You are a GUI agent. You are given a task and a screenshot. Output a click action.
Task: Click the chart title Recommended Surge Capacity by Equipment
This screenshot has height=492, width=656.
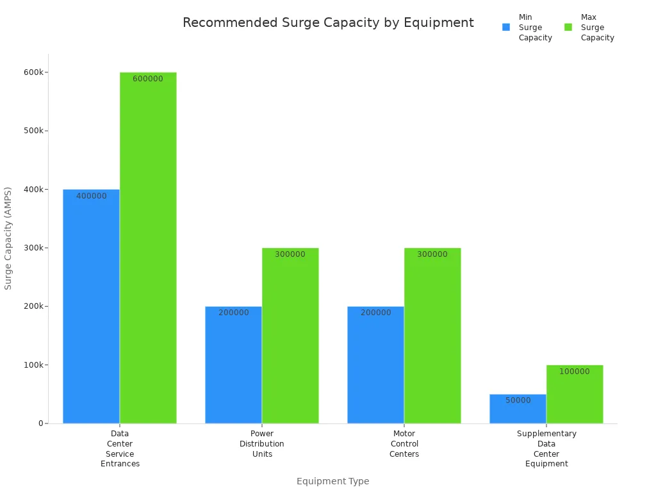[x=328, y=23]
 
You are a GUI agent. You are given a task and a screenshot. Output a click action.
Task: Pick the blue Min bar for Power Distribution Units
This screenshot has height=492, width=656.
[x=233, y=365]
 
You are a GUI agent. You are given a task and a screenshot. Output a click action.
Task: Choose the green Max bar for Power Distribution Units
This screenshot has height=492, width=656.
[x=290, y=336]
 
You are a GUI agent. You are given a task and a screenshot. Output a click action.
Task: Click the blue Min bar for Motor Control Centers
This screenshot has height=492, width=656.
[x=375, y=365]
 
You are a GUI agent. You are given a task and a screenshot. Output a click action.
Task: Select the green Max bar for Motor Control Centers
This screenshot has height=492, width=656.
[x=432, y=336]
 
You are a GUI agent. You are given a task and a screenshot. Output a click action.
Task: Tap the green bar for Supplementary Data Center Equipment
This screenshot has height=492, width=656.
[x=575, y=394]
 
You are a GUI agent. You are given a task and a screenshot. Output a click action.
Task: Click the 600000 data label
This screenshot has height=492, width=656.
[x=148, y=79]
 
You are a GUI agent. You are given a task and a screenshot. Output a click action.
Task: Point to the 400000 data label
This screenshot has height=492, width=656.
[x=92, y=196]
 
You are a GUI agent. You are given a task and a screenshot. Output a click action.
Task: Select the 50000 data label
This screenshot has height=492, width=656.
[x=518, y=400]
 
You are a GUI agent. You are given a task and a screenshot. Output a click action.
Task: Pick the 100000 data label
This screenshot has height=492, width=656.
[x=575, y=372]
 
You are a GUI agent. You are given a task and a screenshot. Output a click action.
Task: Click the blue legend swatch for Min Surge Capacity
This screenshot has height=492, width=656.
[x=506, y=28]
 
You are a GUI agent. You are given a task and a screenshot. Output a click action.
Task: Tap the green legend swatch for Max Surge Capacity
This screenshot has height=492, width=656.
[x=568, y=28]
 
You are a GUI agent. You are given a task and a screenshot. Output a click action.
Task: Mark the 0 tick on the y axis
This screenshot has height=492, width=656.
[x=40, y=423]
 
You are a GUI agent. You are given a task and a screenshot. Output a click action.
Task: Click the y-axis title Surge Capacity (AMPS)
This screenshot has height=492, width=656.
[x=8, y=238]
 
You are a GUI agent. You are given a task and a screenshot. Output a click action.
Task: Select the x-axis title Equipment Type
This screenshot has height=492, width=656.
[x=332, y=481]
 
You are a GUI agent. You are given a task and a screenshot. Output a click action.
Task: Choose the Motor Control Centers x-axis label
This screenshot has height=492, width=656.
[x=404, y=444]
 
